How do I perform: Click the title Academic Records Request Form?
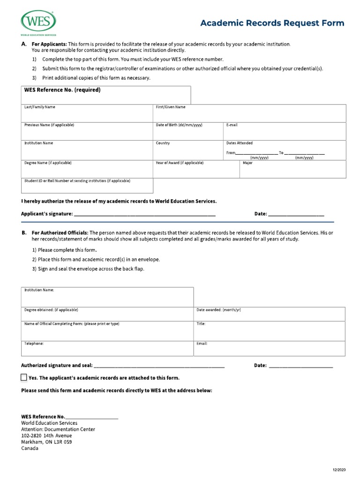click(x=272, y=23)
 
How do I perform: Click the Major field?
click(x=292, y=170)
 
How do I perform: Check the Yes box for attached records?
click(x=24, y=378)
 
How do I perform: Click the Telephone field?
click(x=107, y=348)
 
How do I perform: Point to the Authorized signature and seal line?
click(x=159, y=366)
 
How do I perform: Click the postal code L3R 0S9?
click(x=62, y=442)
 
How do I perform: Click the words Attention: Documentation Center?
click(x=58, y=429)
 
